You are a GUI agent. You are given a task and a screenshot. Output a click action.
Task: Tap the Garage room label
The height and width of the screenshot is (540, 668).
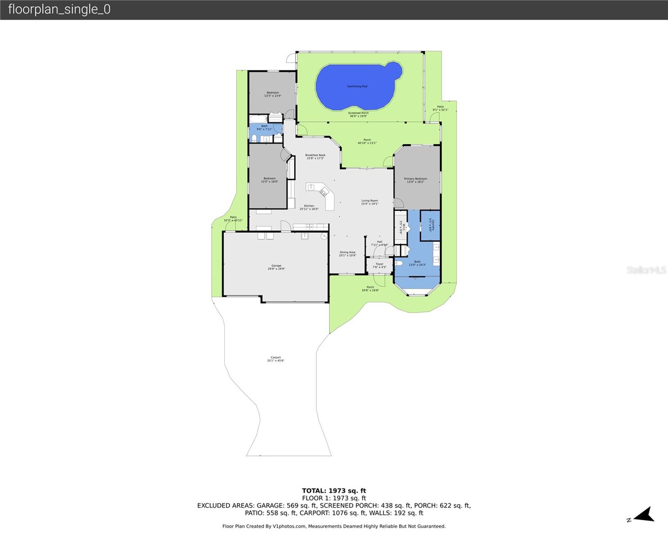[276, 267]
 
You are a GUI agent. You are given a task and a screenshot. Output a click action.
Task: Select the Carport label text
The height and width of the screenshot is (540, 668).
[275, 359]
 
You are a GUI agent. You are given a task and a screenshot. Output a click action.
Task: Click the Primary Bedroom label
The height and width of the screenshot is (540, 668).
[415, 180]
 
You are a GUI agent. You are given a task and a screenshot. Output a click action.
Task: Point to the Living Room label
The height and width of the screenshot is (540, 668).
[370, 202]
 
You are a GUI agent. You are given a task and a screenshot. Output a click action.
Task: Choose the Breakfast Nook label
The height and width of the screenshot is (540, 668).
[315, 157]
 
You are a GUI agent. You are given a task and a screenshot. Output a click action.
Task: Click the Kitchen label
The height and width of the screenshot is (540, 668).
[309, 207]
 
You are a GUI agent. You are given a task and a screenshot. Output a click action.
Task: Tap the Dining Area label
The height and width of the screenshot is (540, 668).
[347, 254]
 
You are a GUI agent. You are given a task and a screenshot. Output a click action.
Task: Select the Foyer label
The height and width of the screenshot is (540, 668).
[379, 265]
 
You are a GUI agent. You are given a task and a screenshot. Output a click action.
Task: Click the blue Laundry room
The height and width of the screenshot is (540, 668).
[430, 225]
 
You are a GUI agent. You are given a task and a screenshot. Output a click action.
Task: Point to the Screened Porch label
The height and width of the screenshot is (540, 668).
[358, 114]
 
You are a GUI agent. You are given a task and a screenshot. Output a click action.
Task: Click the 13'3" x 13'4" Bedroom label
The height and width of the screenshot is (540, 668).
[272, 94]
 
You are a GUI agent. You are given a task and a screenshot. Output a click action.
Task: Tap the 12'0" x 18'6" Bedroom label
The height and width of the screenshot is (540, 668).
[270, 180]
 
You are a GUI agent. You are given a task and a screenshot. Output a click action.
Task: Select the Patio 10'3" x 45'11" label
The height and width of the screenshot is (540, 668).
[233, 219]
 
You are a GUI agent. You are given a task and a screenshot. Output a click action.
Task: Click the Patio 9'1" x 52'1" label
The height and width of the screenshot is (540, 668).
[440, 108]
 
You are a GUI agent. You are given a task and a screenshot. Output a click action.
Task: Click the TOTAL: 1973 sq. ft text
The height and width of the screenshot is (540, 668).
[334, 490]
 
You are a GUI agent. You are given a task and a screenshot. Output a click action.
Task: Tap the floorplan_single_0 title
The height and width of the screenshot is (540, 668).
[59, 9]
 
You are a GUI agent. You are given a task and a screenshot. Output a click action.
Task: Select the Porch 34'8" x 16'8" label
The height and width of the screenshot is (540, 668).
[370, 288]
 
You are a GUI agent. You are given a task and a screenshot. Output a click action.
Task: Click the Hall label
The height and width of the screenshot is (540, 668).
[379, 243]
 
